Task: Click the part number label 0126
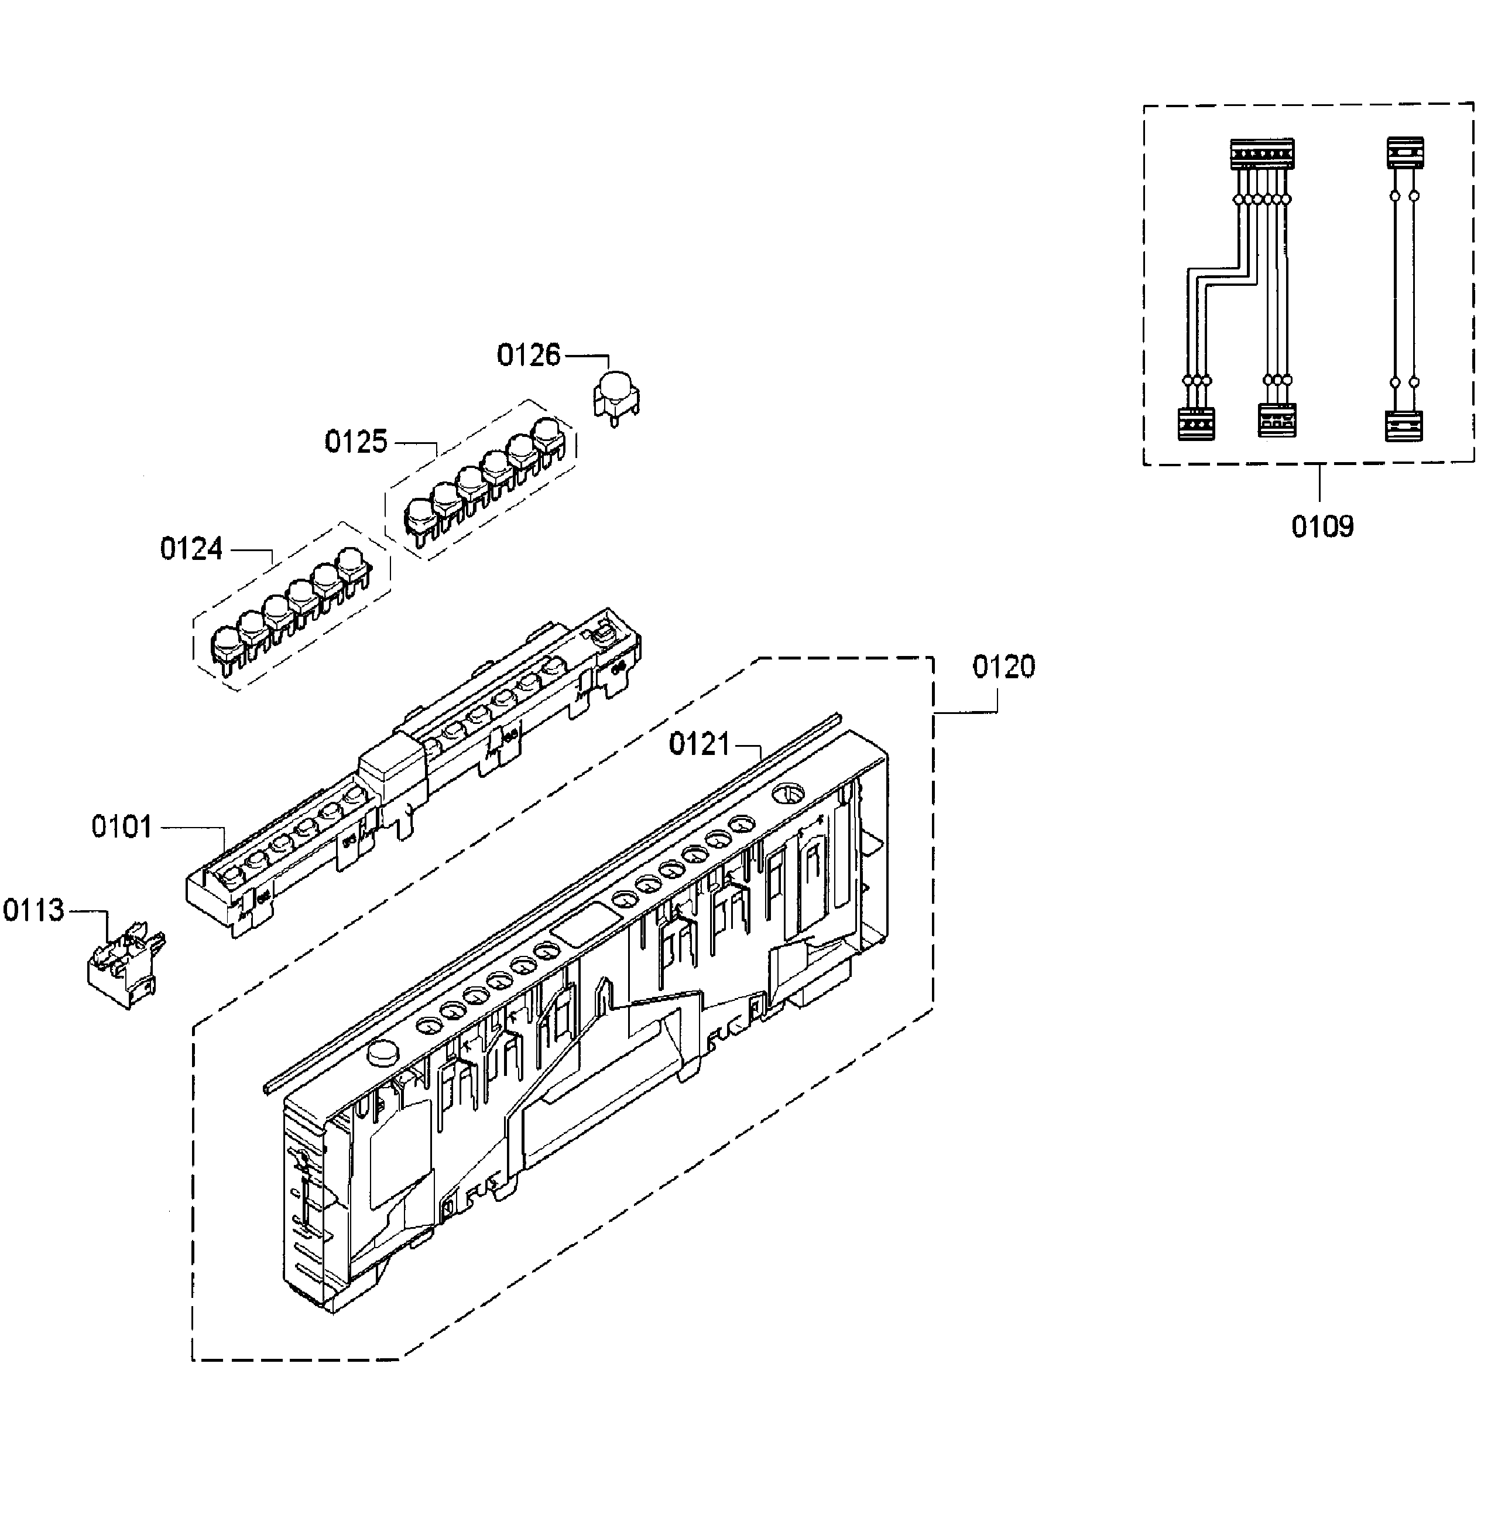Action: tap(528, 356)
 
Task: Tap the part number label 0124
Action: tap(191, 549)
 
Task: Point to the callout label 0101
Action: tap(121, 828)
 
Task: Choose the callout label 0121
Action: tap(700, 744)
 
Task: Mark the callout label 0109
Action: tap(1322, 527)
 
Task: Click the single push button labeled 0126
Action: tap(615, 398)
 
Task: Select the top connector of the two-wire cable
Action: tap(1404, 152)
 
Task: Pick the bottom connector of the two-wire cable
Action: tap(1404, 426)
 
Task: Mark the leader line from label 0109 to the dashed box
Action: tap(1319, 485)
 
